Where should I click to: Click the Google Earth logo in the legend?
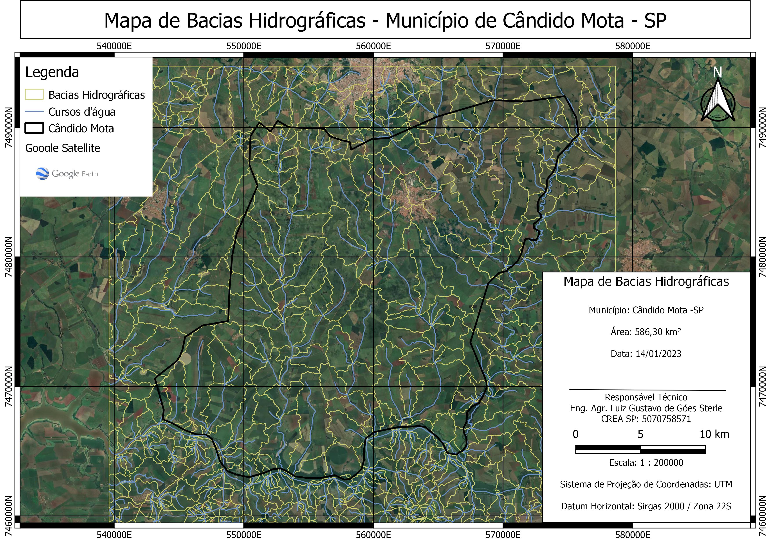67,174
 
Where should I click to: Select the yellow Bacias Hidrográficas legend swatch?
34,95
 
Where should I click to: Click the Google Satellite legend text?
63,148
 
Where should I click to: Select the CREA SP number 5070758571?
666,419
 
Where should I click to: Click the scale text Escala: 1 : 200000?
646,463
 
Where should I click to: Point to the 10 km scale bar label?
714,434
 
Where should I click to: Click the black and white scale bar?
640,449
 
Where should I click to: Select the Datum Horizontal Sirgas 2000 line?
646,506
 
